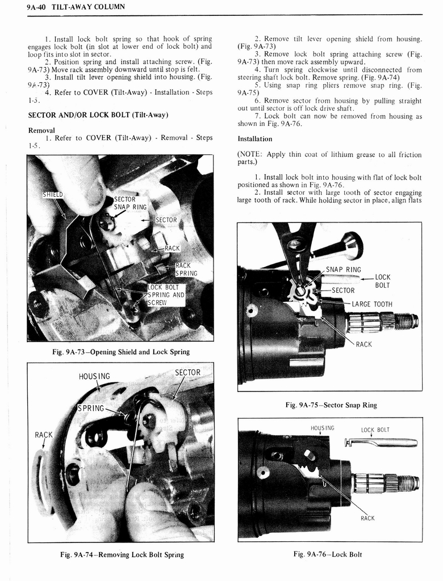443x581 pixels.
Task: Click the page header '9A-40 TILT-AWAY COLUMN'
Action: tap(72, 6)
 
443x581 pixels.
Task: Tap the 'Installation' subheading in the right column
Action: tap(254, 138)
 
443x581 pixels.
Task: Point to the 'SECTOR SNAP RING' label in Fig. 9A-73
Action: tap(131, 203)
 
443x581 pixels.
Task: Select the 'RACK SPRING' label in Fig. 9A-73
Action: tap(186, 269)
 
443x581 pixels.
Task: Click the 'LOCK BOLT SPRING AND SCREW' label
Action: tap(166, 294)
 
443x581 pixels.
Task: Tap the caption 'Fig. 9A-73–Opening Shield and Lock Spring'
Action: tap(120, 352)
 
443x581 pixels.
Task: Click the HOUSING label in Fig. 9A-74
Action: tap(94, 376)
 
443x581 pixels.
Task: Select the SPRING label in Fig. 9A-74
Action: tap(91, 408)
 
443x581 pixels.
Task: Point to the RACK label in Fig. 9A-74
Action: tap(44, 435)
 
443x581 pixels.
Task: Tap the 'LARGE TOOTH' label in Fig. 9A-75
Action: tap(372, 304)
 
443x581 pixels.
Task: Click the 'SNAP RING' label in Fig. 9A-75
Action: tap(343, 270)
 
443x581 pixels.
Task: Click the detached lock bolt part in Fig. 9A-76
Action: tap(380, 443)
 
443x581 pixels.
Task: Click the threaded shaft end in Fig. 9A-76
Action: tap(407, 483)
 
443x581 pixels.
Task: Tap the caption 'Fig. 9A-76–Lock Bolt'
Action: tap(328, 554)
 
